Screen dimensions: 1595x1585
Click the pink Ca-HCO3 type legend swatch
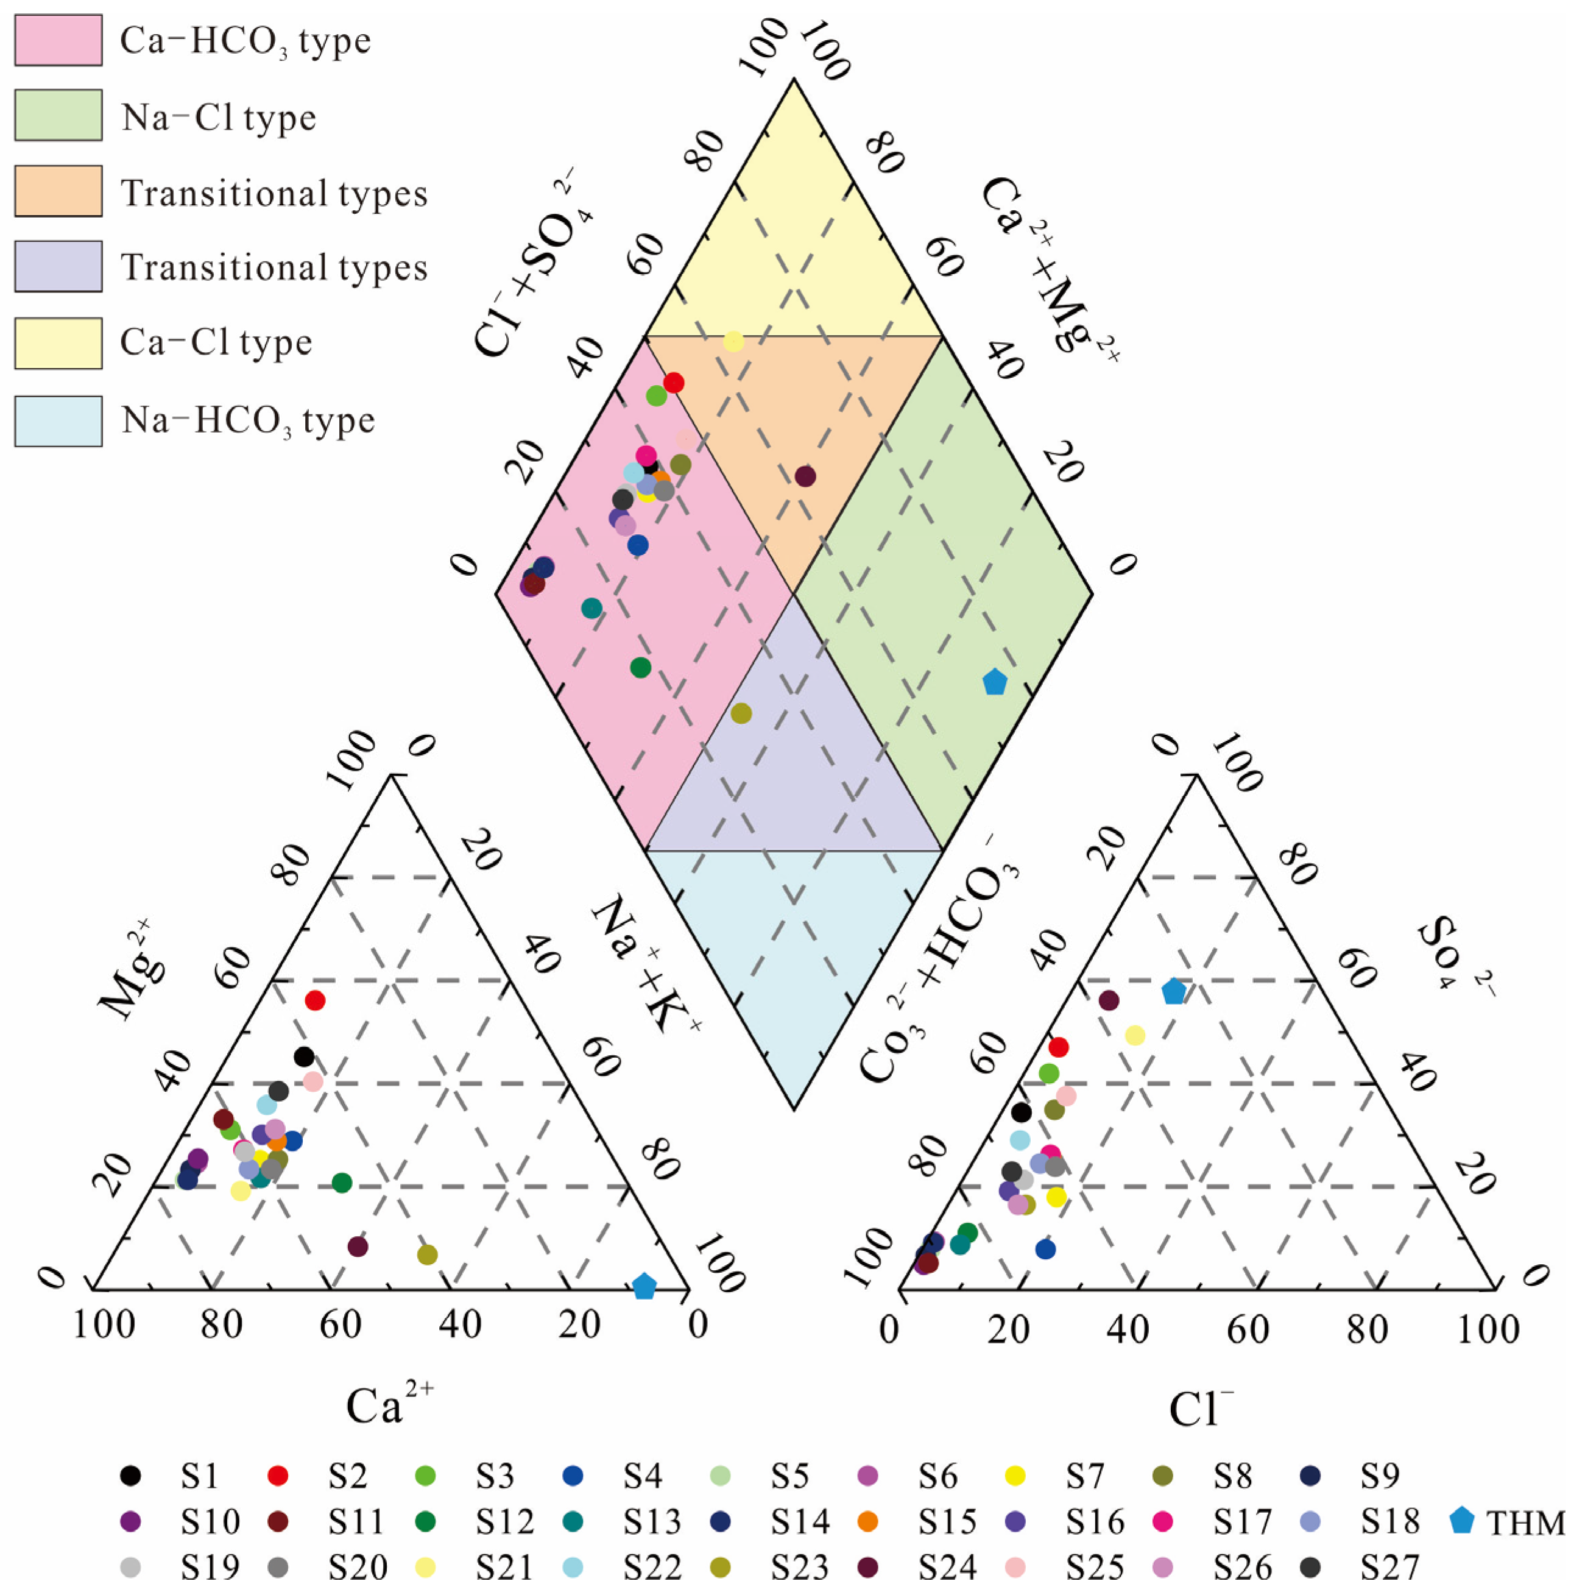pyautogui.click(x=58, y=40)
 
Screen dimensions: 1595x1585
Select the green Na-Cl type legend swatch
pyautogui.click(x=58, y=115)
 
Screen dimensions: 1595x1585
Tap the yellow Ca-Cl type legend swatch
pyautogui.click(x=58, y=342)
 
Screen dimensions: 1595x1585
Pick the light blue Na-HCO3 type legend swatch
pyautogui.click(x=58, y=421)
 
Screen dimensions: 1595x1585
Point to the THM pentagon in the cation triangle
pyautogui.click(x=644, y=1286)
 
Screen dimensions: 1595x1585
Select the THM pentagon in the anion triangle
pyautogui.click(x=1173, y=991)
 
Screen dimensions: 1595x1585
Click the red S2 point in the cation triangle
pyautogui.click(x=314, y=1000)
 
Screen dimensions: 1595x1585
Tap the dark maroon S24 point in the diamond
pyautogui.click(x=805, y=476)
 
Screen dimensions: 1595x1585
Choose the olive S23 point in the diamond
pyautogui.click(x=741, y=713)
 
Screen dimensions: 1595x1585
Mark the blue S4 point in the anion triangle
pyautogui.click(x=1045, y=1249)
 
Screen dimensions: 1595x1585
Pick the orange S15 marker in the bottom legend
pyautogui.click(x=867, y=1521)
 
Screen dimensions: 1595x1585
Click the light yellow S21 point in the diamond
pyautogui.click(x=733, y=342)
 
